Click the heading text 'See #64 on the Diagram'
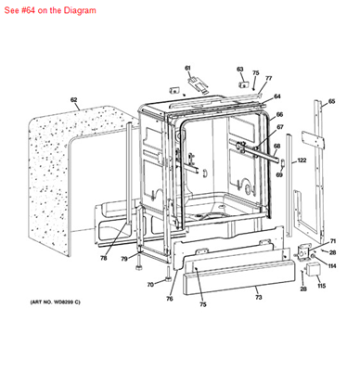click(x=48, y=8)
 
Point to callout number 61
click(x=186, y=68)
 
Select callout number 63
click(x=239, y=69)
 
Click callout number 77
click(x=269, y=79)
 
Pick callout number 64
click(x=277, y=96)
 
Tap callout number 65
click(x=332, y=101)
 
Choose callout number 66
click(x=279, y=114)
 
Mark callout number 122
click(x=302, y=160)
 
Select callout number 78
click(x=104, y=258)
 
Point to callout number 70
click(x=149, y=284)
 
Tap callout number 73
click(x=258, y=297)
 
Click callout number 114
click(x=332, y=266)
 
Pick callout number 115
click(x=321, y=286)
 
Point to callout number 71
click(x=332, y=241)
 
